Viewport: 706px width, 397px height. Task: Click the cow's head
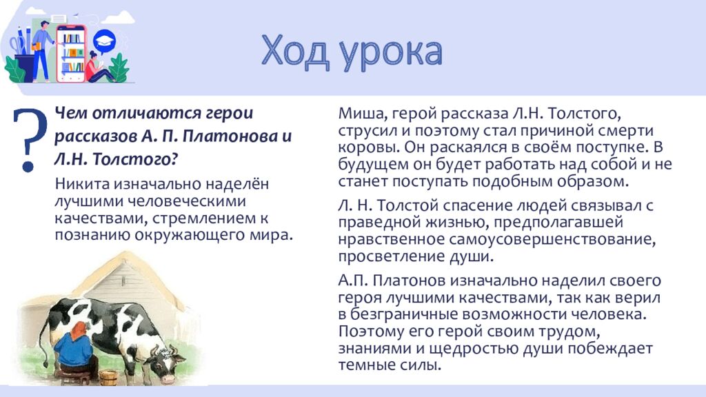167,364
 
